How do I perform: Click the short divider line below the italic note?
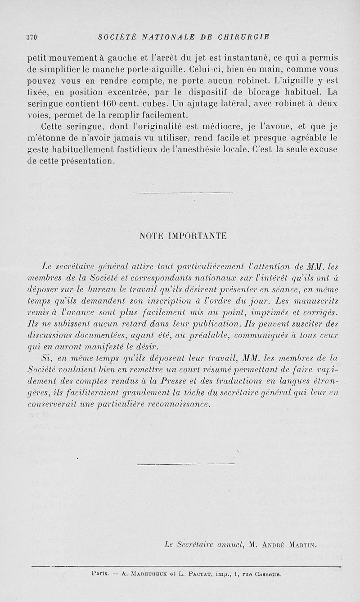point(185,463)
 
